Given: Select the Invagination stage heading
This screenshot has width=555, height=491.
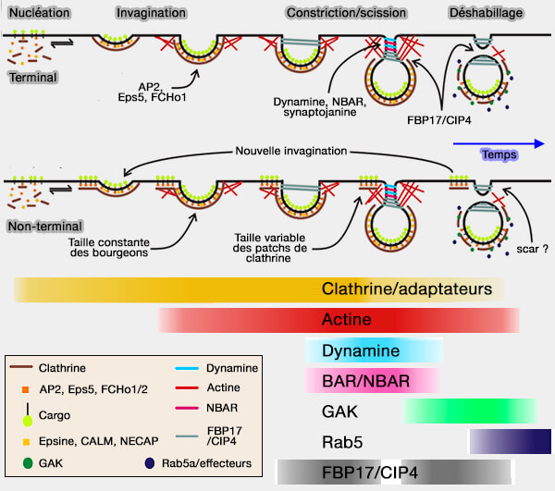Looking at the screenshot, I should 153,12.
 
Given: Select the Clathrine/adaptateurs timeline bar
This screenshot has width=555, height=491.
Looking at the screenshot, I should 259,290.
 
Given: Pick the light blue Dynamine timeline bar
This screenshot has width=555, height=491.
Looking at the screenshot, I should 374,351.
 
